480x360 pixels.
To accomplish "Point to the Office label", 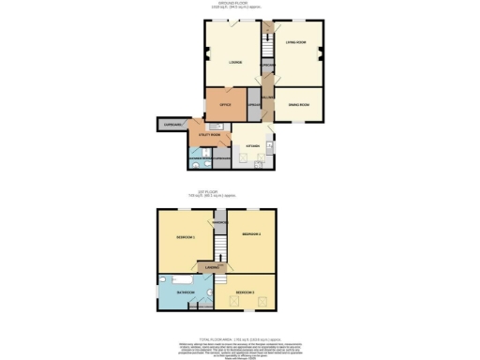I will (x=225, y=104).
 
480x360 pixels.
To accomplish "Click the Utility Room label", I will (x=210, y=135).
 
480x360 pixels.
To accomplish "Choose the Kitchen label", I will (x=251, y=147).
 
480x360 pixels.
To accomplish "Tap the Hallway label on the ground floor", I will (x=267, y=97).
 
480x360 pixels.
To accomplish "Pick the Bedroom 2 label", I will (x=250, y=233).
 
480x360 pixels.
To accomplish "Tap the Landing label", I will (x=214, y=269).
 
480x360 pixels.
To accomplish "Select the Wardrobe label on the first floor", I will (x=220, y=221).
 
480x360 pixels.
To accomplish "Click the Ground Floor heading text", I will (x=240, y=5).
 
